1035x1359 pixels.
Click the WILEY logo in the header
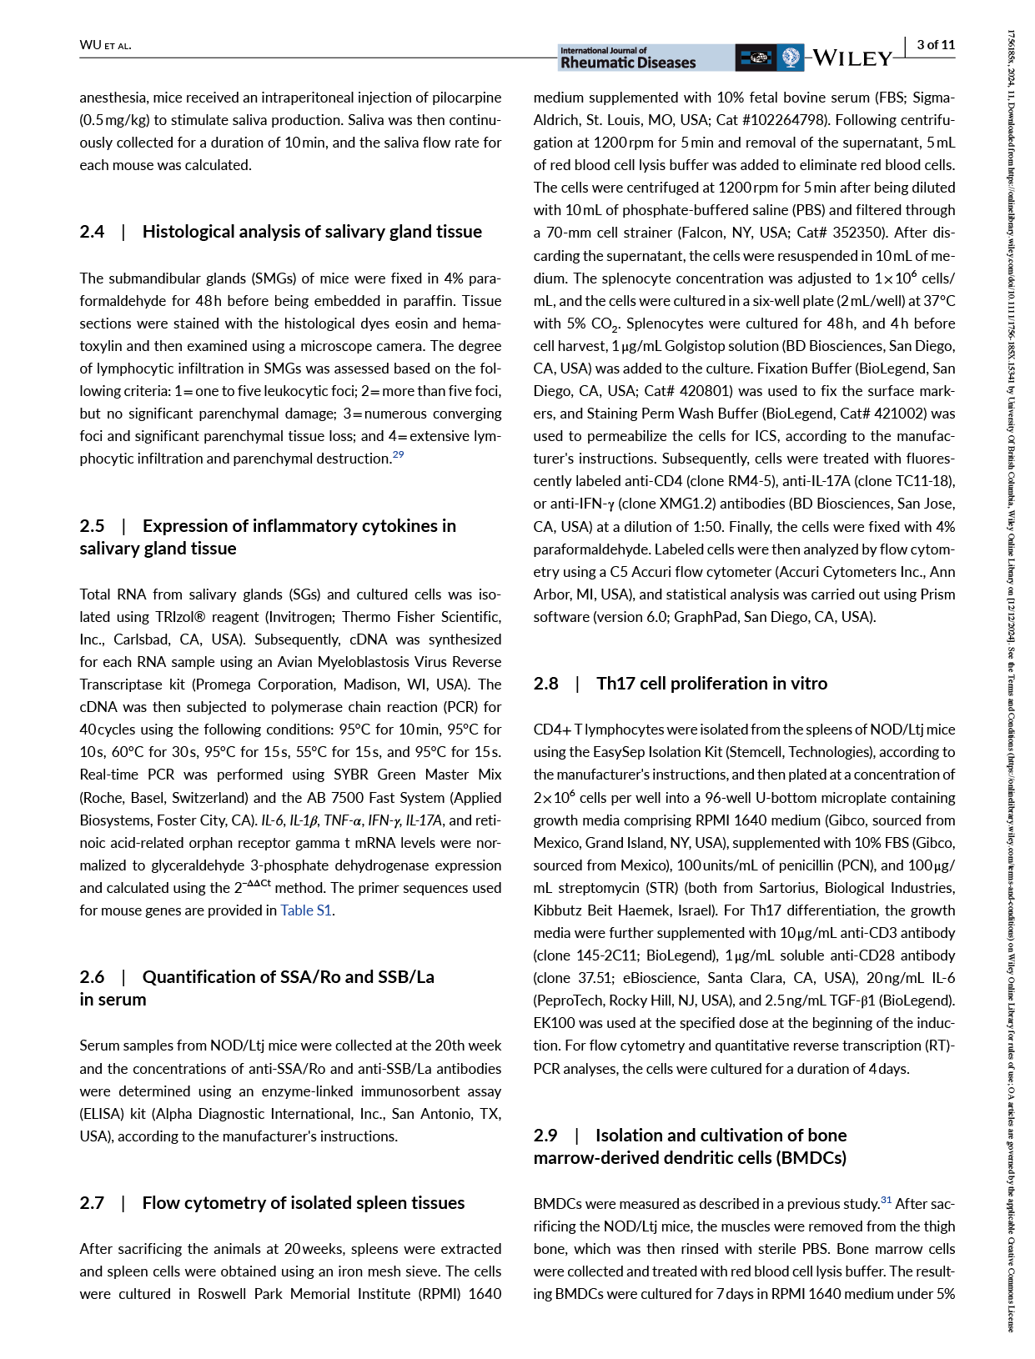pyautogui.click(x=852, y=58)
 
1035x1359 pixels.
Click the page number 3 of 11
pyautogui.click(x=936, y=45)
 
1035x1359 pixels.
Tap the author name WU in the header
pyautogui.click(x=90, y=45)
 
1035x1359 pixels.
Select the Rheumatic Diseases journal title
pyautogui.click(x=627, y=63)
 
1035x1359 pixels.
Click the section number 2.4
pyautogui.click(x=92, y=232)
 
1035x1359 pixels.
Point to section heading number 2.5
pyautogui.click(x=92, y=526)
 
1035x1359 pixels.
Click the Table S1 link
pyautogui.click(x=306, y=910)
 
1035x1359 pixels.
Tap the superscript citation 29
pyautogui.click(x=398, y=454)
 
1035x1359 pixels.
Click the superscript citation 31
pyautogui.click(x=886, y=1200)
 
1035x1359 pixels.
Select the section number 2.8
pyautogui.click(x=545, y=684)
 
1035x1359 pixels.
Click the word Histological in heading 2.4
pyautogui.click(x=188, y=232)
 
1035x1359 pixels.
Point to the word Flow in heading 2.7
pyautogui.click(x=160, y=1203)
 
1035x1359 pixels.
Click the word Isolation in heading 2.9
pyautogui.click(x=630, y=1136)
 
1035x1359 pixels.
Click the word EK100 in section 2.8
pyautogui.click(x=554, y=1023)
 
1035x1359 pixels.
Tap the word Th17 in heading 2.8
pyautogui.click(x=615, y=684)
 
